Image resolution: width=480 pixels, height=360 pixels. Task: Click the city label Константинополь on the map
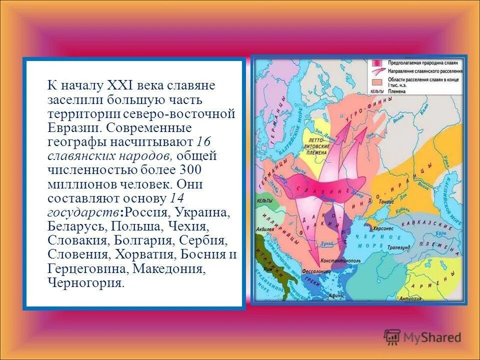[x=341, y=260]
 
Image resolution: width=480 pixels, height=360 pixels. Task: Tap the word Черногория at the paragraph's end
[x=85, y=283]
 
